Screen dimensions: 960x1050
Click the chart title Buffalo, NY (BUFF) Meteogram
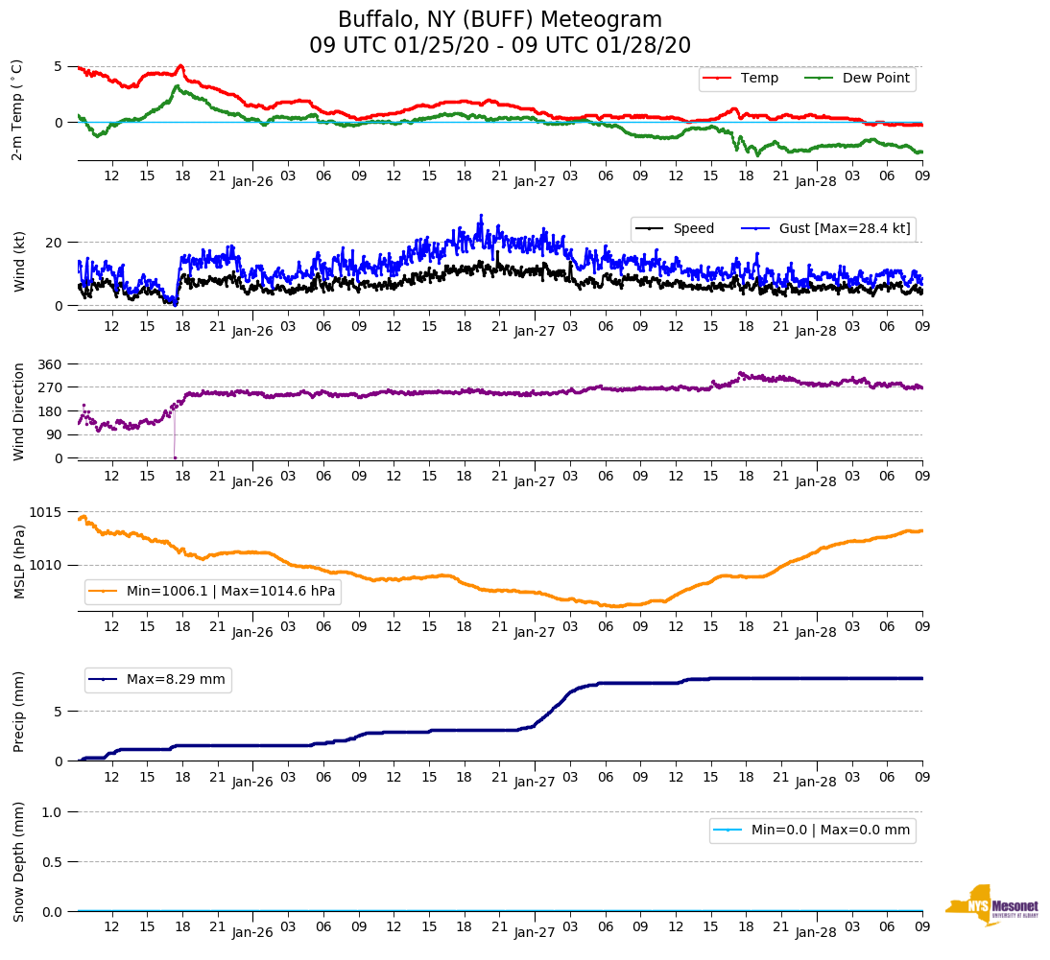tap(500, 20)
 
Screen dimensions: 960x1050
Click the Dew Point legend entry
tap(875, 78)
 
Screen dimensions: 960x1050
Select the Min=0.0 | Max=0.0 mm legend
tap(830, 830)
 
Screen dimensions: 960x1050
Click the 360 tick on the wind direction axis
tap(51, 364)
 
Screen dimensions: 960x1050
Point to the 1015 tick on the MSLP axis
tap(47, 511)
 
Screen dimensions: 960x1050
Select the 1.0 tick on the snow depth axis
tap(53, 812)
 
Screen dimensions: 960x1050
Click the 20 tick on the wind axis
tap(56, 243)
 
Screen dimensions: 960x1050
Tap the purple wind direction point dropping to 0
tap(175, 457)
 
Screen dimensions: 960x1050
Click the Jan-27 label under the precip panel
tap(535, 782)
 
